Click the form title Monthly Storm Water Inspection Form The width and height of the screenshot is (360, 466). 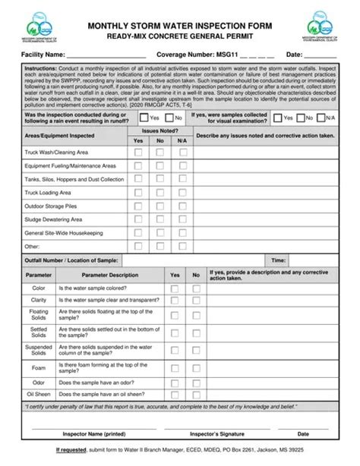click(180, 26)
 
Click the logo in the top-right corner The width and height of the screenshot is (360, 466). click(323, 29)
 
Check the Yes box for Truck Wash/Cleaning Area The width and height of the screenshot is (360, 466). click(138, 152)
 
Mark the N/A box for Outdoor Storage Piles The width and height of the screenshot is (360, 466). click(181, 206)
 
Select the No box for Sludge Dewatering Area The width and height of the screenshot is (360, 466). click(159, 219)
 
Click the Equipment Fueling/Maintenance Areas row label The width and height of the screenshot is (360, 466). click(70, 165)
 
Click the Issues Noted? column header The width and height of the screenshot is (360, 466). click(159, 131)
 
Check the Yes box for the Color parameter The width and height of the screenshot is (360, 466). click(175, 288)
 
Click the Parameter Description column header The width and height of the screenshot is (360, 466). click(110, 275)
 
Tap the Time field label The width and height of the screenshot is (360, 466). click(279, 260)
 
